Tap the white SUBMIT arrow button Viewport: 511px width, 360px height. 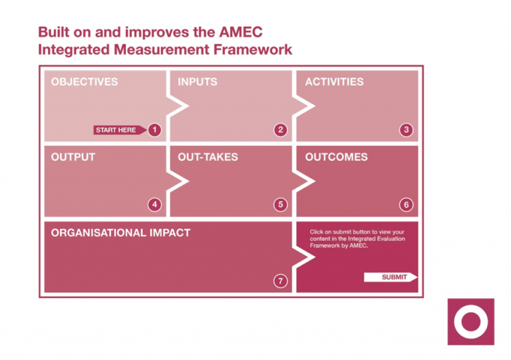pos(391,277)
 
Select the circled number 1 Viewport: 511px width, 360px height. pos(154,130)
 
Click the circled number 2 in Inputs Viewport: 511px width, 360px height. pos(281,130)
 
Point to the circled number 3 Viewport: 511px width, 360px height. pos(407,130)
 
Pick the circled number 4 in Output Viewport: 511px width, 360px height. pos(154,205)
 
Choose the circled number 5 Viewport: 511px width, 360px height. pos(281,205)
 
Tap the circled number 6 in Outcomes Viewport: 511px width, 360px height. pos(407,205)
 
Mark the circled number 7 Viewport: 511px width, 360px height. pos(281,281)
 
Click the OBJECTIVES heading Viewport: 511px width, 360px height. pos(85,83)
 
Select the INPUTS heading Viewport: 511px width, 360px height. pos(198,83)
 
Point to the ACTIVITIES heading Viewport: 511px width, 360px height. pos(334,83)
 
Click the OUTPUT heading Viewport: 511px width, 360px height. pos(73,158)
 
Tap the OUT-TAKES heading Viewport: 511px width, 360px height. pos(208,158)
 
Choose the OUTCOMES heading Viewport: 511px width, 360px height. pos(336,158)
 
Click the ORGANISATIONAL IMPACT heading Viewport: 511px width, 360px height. pos(120,233)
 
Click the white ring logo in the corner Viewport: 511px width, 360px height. pos(471,321)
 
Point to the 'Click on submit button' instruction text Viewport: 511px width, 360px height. pos(357,238)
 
